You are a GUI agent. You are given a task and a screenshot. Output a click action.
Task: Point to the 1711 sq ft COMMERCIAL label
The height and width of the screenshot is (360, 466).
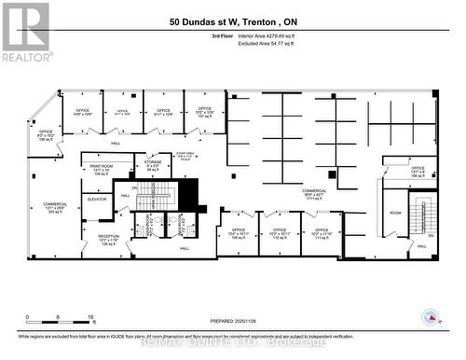[313, 193]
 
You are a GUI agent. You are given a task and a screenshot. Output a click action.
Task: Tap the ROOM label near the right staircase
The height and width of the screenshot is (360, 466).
[396, 213]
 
